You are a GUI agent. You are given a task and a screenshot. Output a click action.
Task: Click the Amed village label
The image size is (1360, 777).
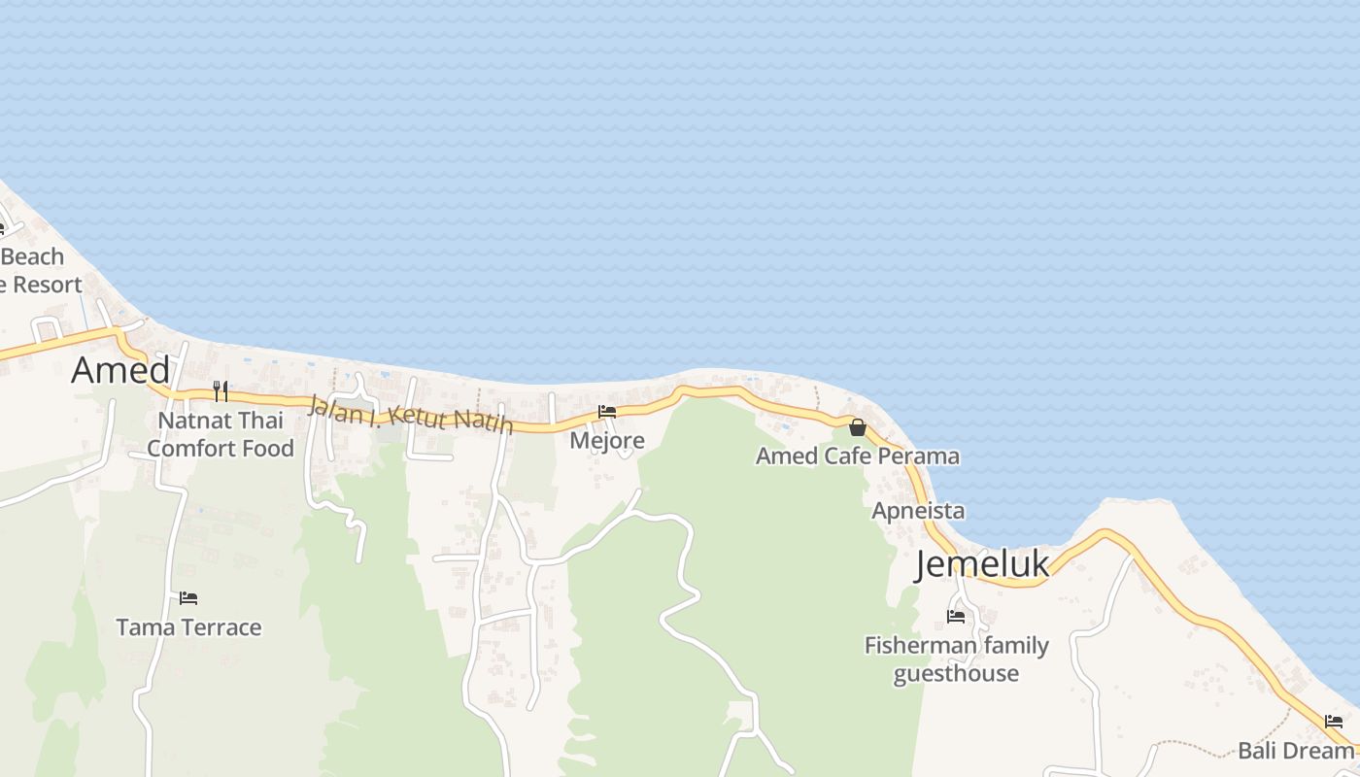tap(120, 370)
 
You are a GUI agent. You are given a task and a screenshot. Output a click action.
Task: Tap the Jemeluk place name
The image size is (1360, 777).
tap(982, 564)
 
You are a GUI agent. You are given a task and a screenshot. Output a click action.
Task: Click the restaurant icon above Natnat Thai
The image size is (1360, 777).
tap(221, 390)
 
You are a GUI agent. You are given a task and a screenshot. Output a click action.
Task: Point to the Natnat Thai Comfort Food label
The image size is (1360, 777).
tap(221, 434)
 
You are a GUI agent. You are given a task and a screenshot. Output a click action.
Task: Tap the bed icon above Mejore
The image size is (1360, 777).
tap(607, 412)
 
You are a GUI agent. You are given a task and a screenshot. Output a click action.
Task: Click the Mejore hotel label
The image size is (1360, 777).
tap(607, 441)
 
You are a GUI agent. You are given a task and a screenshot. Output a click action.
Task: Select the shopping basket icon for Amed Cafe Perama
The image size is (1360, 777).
tap(858, 427)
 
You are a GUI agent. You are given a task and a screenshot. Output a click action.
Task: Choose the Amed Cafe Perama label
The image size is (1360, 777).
tap(858, 456)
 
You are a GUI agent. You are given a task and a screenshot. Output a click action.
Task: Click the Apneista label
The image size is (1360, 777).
tap(918, 511)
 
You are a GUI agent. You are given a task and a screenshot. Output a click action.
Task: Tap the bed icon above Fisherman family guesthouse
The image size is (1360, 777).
tap(956, 616)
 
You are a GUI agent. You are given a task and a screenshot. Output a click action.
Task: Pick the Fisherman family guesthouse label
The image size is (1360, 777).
tap(957, 659)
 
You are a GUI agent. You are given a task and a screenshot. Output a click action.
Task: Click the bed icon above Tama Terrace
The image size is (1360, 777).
tap(188, 597)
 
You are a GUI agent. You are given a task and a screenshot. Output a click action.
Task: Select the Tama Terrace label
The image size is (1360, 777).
tap(188, 627)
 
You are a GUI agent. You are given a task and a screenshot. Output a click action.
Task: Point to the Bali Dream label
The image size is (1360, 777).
tap(1296, 751)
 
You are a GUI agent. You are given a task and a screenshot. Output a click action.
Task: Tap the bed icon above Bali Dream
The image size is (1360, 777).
tap(1334, 722)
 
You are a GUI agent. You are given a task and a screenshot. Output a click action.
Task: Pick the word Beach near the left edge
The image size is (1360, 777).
tap(33, 257)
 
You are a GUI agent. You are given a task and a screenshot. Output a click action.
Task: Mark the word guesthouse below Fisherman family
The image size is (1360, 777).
tap(957, 673)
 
